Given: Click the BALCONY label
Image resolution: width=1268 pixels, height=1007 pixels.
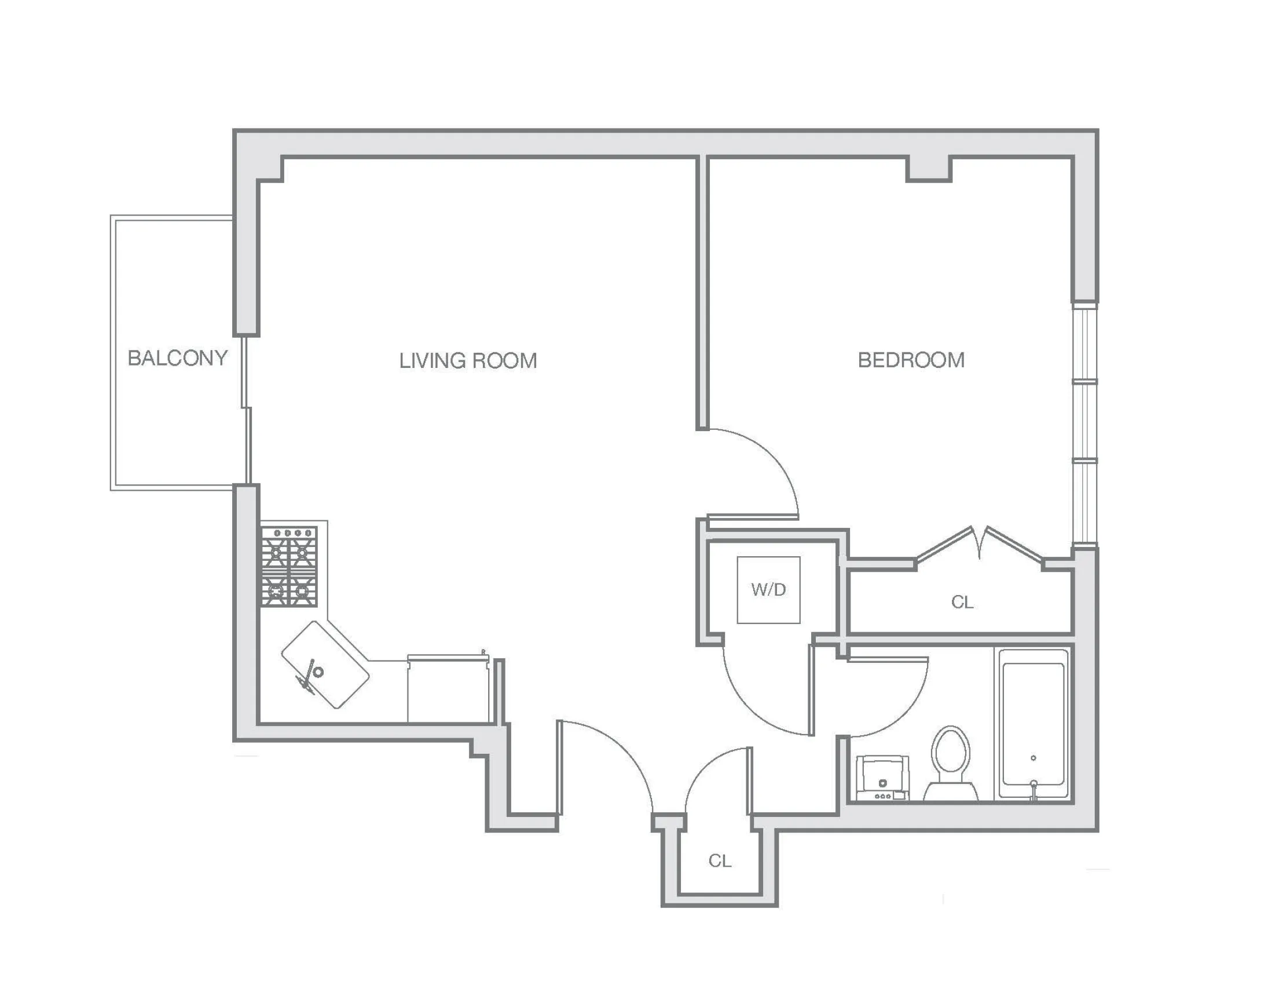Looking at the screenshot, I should click(x=177, y=358).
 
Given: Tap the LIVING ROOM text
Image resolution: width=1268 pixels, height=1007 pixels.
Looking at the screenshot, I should click(x=468, y=360).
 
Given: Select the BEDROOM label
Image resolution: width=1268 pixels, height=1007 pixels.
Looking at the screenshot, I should click(x=910, y=360).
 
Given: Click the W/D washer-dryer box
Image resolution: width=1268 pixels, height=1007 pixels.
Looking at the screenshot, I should click(x=768, y=589).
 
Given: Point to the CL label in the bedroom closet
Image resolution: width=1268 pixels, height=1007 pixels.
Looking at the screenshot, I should click(x=962, y=602).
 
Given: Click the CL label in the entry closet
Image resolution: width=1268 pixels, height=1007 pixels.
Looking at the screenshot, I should click(x=719, y=860).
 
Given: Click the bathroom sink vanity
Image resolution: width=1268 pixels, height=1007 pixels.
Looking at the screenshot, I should click(x=882, y=777).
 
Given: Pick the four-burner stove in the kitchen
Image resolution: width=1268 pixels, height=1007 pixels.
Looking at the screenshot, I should click(x=289, y=566).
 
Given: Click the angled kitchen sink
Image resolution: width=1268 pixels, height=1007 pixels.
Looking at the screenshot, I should click(x=325, y=665).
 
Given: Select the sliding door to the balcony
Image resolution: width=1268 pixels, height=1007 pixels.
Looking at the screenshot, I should click(x=247, y=412).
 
